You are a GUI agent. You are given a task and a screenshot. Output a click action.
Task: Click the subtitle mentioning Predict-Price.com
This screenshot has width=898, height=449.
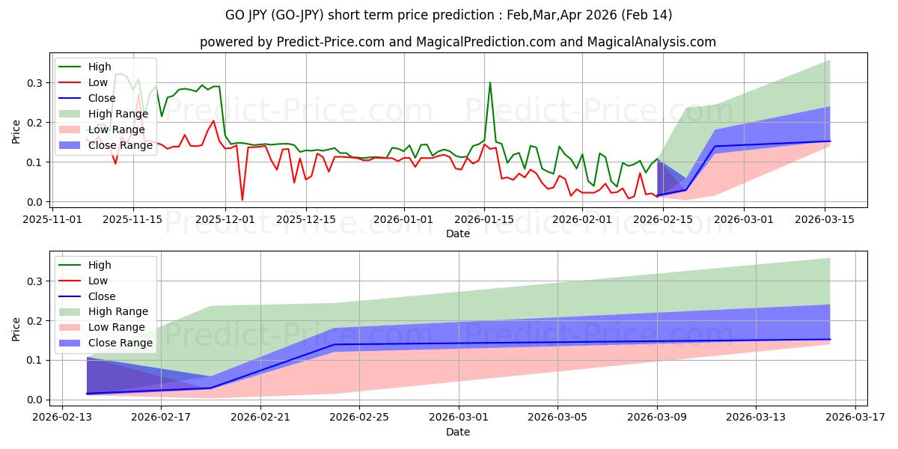click(458, 42)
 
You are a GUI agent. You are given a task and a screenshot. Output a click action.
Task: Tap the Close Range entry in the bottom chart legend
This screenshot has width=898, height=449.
click(120, 343)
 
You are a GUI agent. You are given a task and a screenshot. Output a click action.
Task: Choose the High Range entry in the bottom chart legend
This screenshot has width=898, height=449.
click(118, 311)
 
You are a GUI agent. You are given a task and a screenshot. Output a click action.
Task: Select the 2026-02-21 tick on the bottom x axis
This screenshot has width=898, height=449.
click(260, 416)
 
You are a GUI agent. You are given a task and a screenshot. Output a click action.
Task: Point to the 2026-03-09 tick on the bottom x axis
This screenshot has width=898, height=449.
click(657, 416)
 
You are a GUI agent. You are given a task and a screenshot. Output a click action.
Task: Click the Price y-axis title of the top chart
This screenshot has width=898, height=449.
click(16, 131)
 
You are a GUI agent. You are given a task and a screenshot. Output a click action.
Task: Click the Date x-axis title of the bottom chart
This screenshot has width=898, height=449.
click(458, 432)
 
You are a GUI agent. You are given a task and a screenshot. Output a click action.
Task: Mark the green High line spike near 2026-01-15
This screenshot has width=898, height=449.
click(490, 83)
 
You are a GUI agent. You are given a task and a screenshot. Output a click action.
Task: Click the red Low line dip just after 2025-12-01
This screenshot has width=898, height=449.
click(242, 199)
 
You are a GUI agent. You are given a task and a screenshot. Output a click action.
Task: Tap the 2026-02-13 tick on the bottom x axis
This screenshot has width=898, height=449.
click(62, 416)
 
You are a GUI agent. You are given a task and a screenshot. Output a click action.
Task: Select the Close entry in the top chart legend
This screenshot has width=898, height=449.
click(102, 98)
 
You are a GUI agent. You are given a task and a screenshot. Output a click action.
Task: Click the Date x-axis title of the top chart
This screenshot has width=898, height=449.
click(458, 233)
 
